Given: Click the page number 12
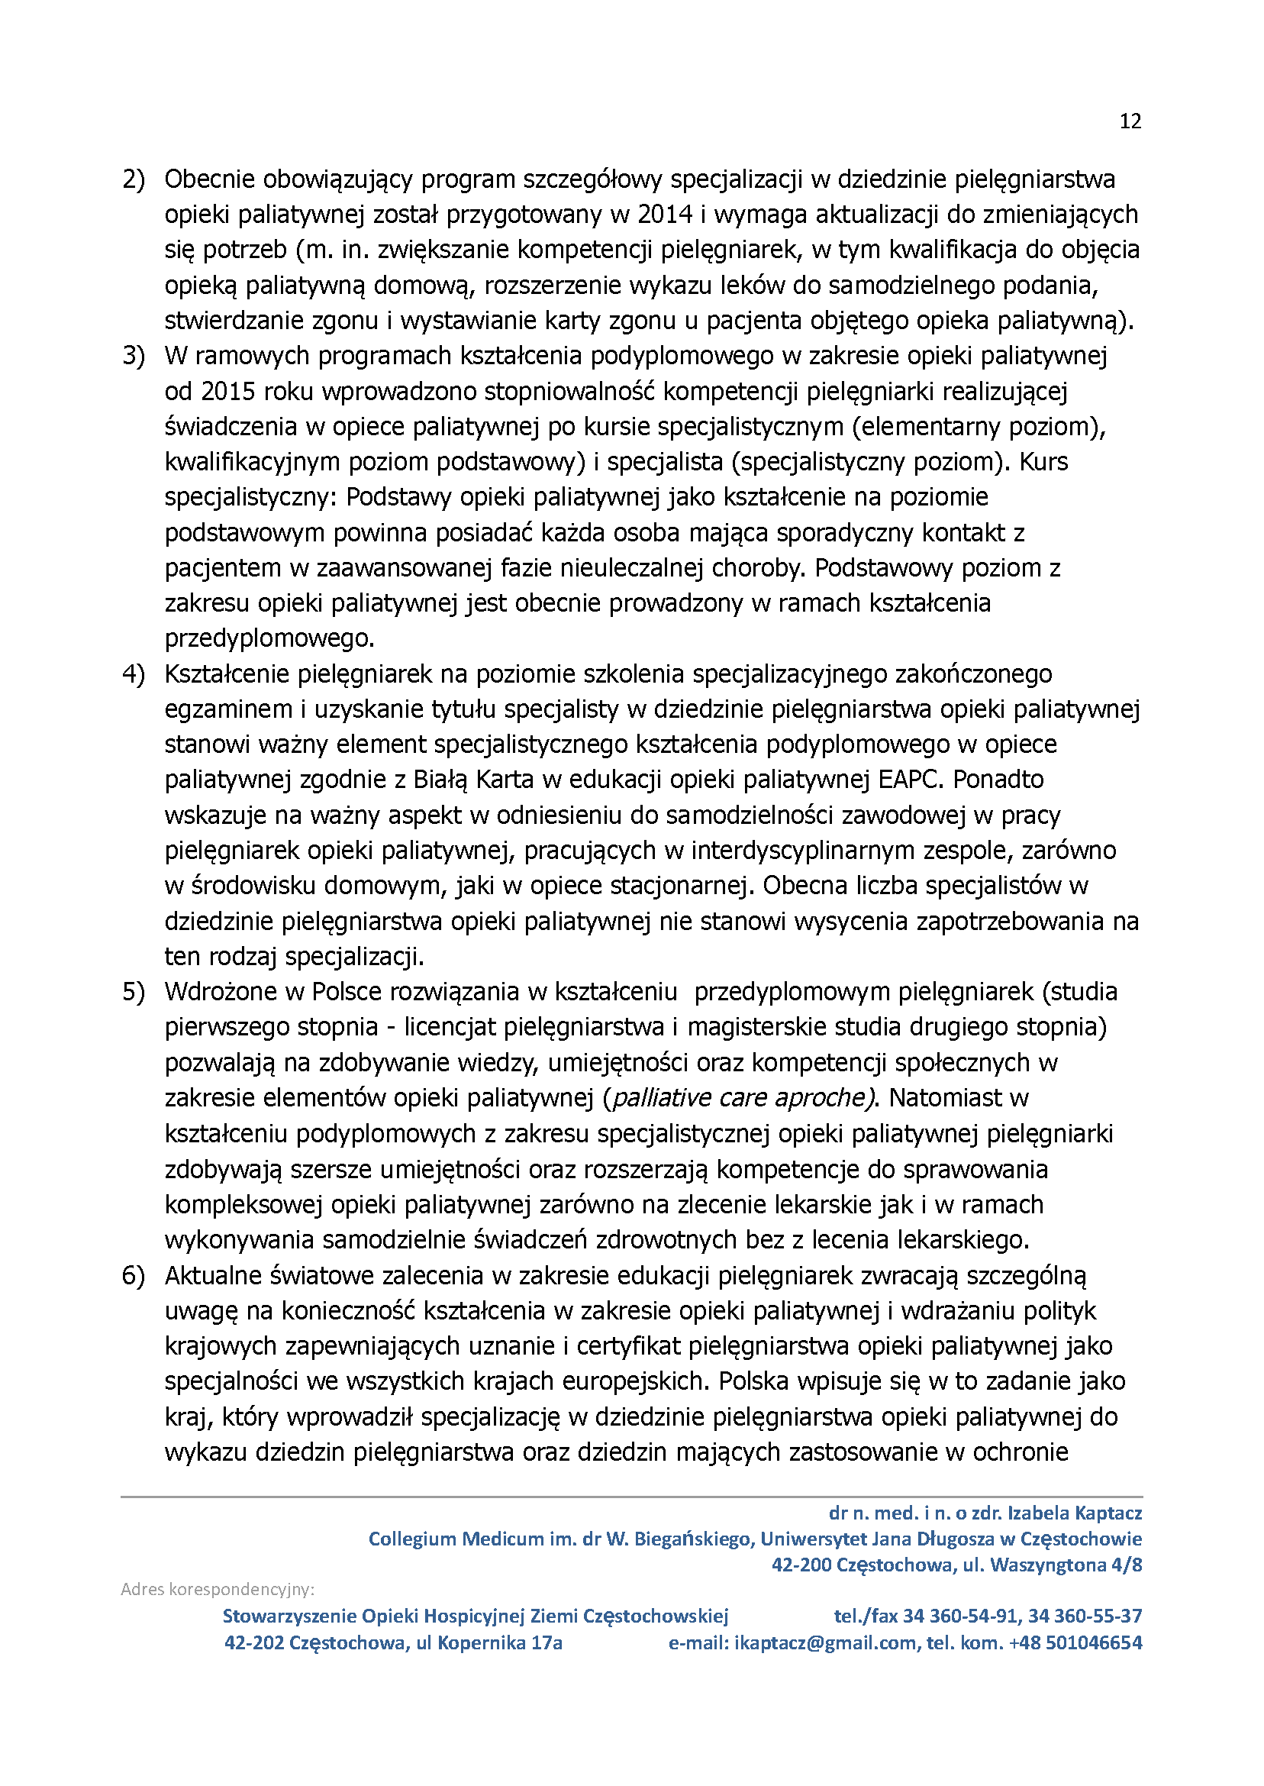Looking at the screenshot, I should coord(1130,121).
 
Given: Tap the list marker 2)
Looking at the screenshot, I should coord(133,179).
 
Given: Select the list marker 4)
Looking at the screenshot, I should coord(133,674).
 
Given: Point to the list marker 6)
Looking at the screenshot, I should coord(133,1276).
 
